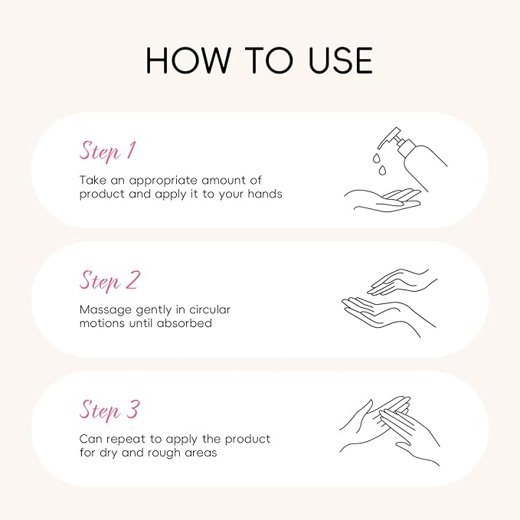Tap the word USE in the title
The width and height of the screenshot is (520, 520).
pos(341,60)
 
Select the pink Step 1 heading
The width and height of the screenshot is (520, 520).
pos(108,152)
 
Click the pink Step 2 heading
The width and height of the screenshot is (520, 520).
pos(110,281)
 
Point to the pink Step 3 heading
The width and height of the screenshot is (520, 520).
pos(110,410)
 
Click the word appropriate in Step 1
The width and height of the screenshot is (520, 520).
pos(163,181)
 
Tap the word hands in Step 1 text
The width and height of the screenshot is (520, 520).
pos(265,194)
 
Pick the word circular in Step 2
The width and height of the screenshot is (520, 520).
pos(210,309)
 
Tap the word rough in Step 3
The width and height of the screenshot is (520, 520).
pos(164,453)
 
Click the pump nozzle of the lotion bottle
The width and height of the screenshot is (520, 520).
pos(389,137)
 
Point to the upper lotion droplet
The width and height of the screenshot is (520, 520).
pos(376,159)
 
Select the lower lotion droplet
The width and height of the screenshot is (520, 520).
pos(382,170)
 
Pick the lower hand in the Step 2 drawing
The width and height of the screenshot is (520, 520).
pos(388,315)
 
